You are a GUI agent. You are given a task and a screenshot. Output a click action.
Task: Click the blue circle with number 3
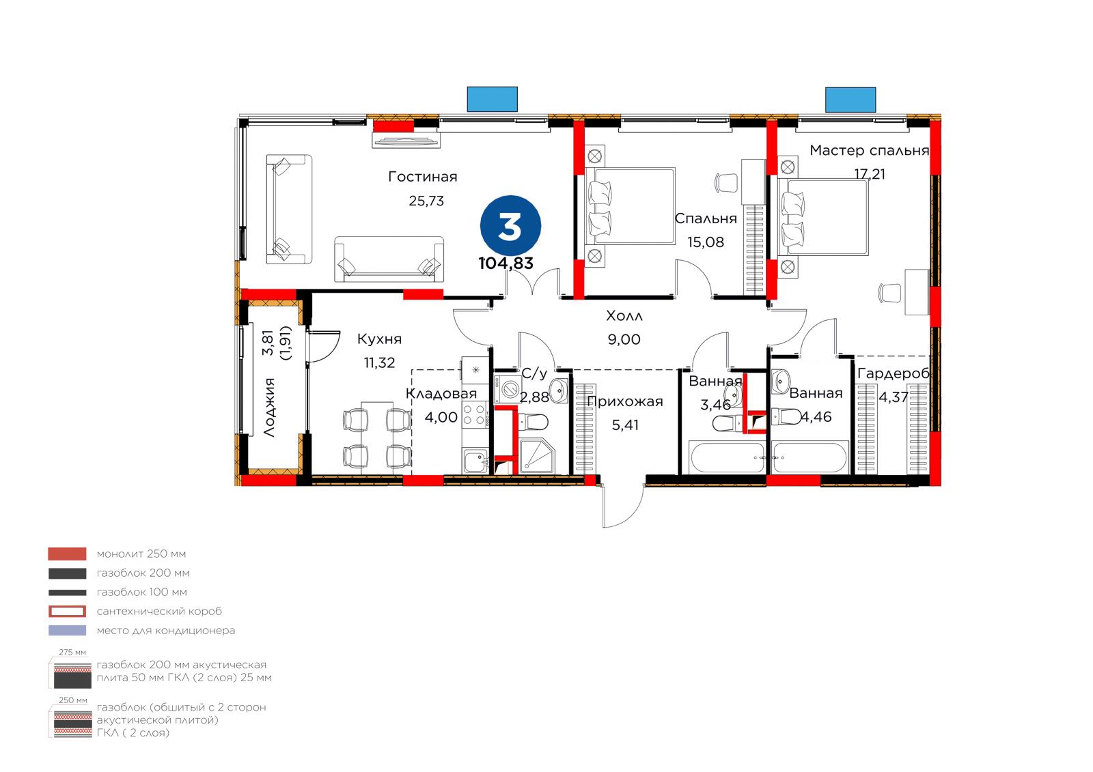coord(510,226)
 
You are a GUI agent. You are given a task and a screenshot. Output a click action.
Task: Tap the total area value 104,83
coord(506,263)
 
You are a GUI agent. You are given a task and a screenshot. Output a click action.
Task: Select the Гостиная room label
coord(423,177)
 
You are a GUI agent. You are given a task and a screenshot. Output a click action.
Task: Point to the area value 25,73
coord(426,201)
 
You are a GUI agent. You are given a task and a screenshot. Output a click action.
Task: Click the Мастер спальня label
coord(869,150)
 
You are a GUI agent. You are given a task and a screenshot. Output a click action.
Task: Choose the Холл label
coord(624,315)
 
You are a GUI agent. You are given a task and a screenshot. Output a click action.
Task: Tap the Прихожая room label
coord(624,401)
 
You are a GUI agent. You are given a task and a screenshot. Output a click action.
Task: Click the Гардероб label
coord(893,373)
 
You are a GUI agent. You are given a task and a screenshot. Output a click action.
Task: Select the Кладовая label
coord(441,394)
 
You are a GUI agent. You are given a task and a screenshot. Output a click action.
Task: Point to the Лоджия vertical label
coord(269,408)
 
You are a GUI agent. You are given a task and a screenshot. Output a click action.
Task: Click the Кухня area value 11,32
coord(379,363)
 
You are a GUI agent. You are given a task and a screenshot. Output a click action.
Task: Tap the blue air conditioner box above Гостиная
coord(493,100)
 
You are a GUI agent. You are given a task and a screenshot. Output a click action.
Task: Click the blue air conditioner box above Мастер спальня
coord(850,100)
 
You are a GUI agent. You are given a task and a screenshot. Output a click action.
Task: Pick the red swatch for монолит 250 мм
coord(68,554)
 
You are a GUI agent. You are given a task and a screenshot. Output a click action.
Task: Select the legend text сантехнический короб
coord(159,611)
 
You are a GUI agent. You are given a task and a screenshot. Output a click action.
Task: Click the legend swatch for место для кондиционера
coord(68,631)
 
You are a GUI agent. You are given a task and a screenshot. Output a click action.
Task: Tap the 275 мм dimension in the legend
coord(72,653)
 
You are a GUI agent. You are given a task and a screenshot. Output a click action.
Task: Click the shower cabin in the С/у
coord(536,456)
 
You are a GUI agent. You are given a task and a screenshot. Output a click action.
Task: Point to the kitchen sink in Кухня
coord(475,461)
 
